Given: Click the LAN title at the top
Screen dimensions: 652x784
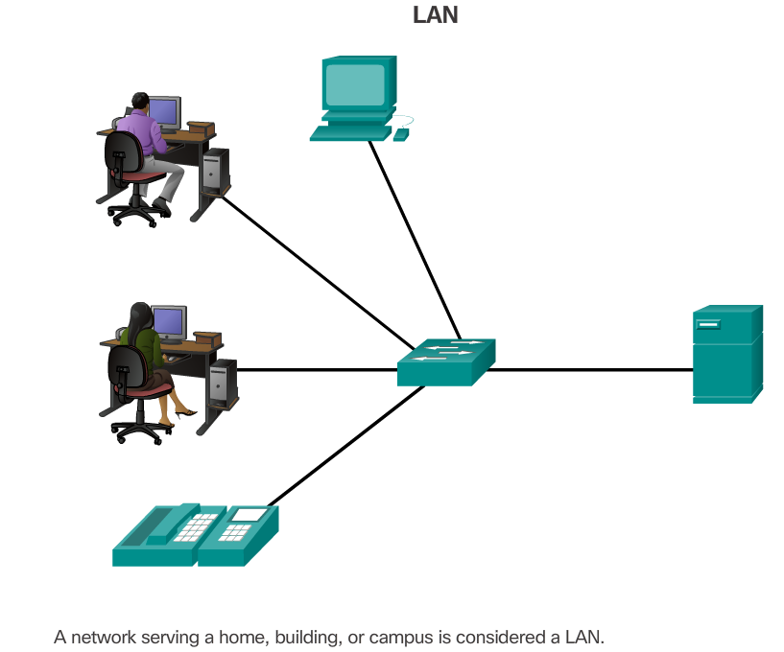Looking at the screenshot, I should pyautogui.click(x=435, y=15).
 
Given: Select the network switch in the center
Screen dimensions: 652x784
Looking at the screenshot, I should pyautogui.click(x=446, y=362).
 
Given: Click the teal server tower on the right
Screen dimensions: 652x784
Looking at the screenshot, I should pyautogui.click(x=727, y=354).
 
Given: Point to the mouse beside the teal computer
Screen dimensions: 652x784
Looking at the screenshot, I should pyautogui.click(x=400, y=134).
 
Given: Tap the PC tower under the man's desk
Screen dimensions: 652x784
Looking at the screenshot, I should pyautogui.click(x=216, y=171).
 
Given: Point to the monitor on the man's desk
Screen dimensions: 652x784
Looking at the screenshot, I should pyautogui.click(x=164, y=112).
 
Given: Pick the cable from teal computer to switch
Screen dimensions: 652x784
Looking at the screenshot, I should pyautogui.click(x=413, y=235).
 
